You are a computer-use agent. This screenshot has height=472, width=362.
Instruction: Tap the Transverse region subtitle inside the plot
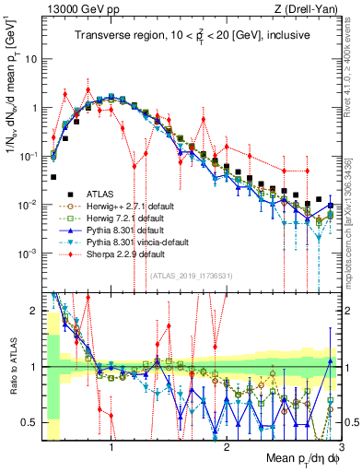click(x=193, y=36)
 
